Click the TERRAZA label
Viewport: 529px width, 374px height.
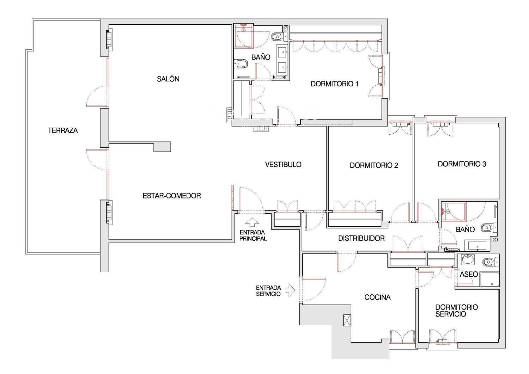63,130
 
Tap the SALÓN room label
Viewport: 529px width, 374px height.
168,79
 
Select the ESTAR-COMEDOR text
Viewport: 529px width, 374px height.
172,196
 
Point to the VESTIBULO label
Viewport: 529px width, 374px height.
283,164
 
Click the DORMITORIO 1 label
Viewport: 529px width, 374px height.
334,84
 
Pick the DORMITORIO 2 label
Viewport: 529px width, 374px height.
374,165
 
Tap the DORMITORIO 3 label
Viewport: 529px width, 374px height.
462,164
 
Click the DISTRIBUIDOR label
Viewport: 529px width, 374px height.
361,238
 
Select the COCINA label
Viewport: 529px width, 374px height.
377,297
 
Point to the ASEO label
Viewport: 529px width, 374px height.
469,274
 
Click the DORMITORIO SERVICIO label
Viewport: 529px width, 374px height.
456,311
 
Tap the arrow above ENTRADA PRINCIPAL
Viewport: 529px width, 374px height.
252,222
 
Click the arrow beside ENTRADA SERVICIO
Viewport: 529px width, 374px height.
290,290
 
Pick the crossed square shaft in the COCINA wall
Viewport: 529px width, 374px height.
347,320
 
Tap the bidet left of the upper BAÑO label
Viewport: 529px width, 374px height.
241,64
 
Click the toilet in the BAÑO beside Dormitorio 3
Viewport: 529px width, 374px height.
489,228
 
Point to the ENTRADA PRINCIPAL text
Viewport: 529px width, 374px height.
253,235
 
